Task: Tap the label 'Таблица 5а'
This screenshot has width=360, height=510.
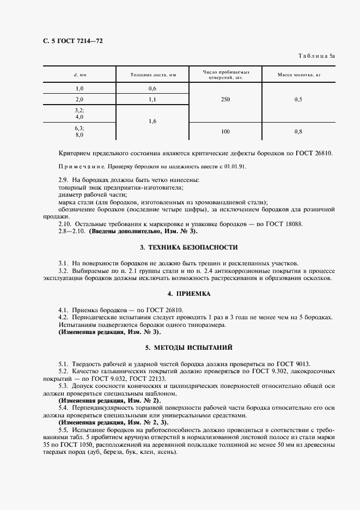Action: coord(317,56)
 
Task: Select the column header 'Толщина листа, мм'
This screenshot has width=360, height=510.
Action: coord(152,74)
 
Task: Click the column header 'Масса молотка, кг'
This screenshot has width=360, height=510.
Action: coord(298,74)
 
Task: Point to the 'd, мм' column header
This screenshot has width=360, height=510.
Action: coord(79,74)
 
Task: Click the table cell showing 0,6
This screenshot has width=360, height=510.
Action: coord(152,88)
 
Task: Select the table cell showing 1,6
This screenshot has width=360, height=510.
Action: coord(152,121)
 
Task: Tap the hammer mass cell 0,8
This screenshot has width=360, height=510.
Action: coord(298,131)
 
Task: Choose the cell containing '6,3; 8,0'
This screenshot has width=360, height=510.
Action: coord(80,131)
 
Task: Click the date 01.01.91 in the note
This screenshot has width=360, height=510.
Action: coord(233,167)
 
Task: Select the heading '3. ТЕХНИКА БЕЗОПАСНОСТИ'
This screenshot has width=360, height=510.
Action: coord(189,247)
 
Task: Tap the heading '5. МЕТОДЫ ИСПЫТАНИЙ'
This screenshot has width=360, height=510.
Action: coord(189,347)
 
